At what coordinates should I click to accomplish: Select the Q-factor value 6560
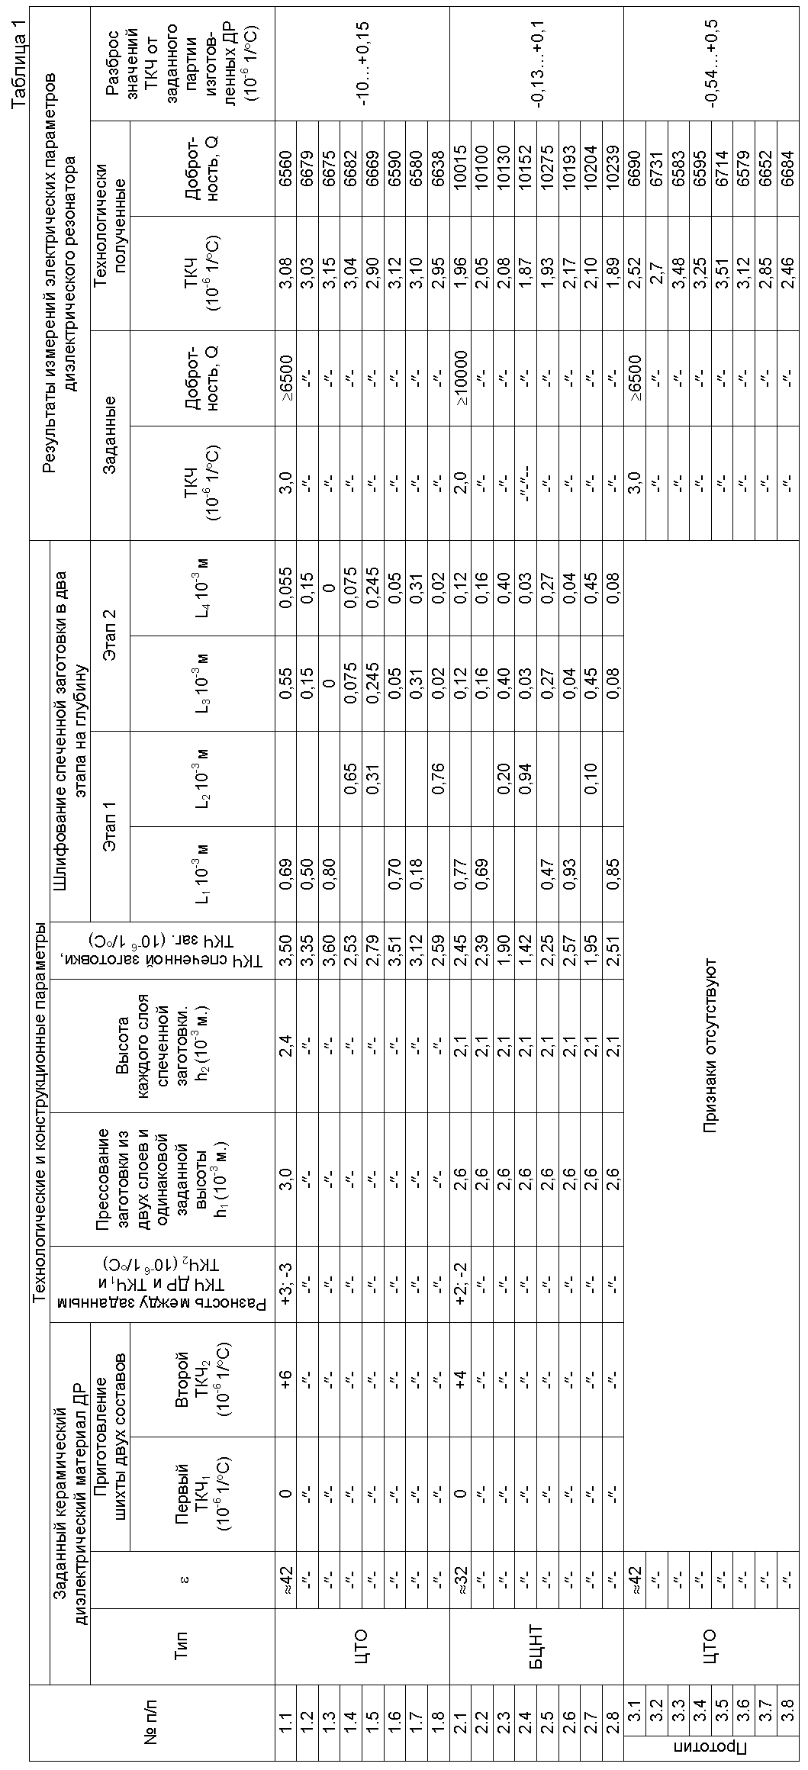click(x=285, y=169)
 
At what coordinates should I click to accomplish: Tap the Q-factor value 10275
click(x=548, y=169)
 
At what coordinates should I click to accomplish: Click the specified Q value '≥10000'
click(x=460, y=377)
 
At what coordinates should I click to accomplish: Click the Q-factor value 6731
click(x=656, y=169)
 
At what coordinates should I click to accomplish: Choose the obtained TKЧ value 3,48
click(x=678, y=272)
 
